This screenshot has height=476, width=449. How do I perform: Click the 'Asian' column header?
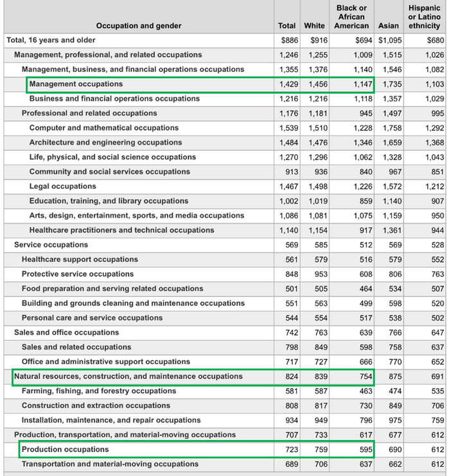point(388,26)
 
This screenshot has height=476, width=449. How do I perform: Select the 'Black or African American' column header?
point(351,17)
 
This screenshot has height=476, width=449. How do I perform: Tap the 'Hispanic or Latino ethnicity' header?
point(425,17)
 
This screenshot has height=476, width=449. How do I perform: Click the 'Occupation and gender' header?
point(139,26)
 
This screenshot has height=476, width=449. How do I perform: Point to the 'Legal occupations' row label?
point(63,186)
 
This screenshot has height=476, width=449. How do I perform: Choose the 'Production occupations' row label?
point(66,449)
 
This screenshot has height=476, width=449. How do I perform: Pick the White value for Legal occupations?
point(315,186)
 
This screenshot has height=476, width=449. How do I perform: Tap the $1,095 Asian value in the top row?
point(390,40)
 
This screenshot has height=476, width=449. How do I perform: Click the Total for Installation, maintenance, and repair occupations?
point(289,420)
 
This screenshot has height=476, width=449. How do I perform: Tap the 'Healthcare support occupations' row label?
point(80,260)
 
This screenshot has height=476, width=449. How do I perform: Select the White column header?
point(314,26)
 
